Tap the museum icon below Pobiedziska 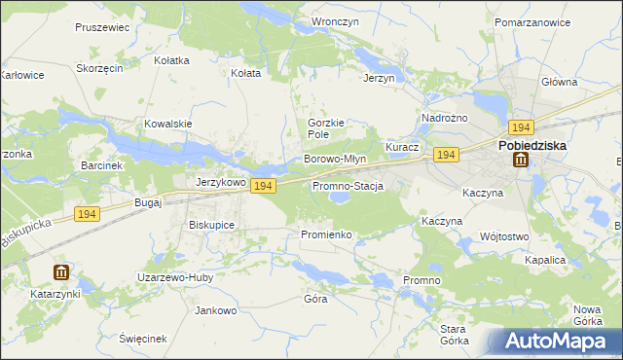[x=520, y=161]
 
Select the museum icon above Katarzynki [x=61, y=273]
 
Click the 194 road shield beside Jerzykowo [x=262, y=186]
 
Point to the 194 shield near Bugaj [x=86, y=214]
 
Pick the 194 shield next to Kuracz [x=447, y=156]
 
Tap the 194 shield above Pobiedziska [x=520, y=127]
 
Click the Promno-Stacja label [x=348, y=186]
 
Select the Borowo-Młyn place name [x=335, y=159]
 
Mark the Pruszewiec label [x=101, y=27]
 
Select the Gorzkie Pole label [x=326, y=128]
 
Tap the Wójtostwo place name [x=504, y=236]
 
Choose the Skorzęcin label [x=98, y=69]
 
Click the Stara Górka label [x=454, y=335]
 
